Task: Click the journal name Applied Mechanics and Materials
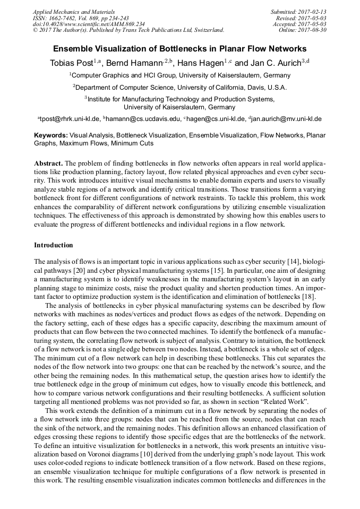coord(73,11)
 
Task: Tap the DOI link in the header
coord(89,24)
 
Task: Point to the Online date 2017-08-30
coord(303,30)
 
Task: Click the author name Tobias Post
coord(71,63)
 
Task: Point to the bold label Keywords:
coord(50,136)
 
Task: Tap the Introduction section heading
coord(53,245)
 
